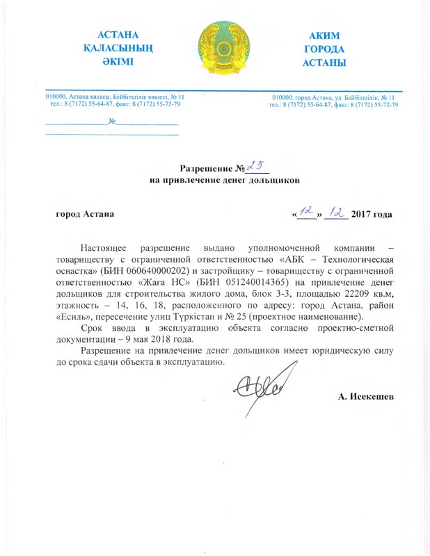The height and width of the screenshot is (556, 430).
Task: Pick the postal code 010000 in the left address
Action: (56, 97)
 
